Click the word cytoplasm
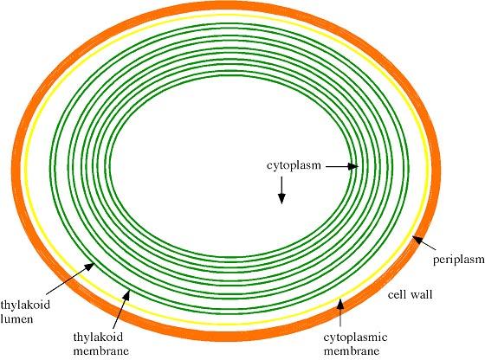[x=294, y=166]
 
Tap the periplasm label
[x=459, y=260]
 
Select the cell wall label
[x=411, y=294]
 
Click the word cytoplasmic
[x=355, y=337]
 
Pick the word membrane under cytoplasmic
[x=352, y=351]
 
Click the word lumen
[x=16, y=318]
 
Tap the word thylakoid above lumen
[x=25, y=305]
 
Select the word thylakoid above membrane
[x=98, y=337]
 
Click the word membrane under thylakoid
[x=101, y=351]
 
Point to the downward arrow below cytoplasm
[x=281, y=190]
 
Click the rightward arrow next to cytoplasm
[x=342, y=166]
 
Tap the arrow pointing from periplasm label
[x=424, y=243]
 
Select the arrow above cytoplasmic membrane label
[x=340, y=312]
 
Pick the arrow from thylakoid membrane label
[x=121, y=309]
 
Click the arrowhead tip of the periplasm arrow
[x=412, y=236]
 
